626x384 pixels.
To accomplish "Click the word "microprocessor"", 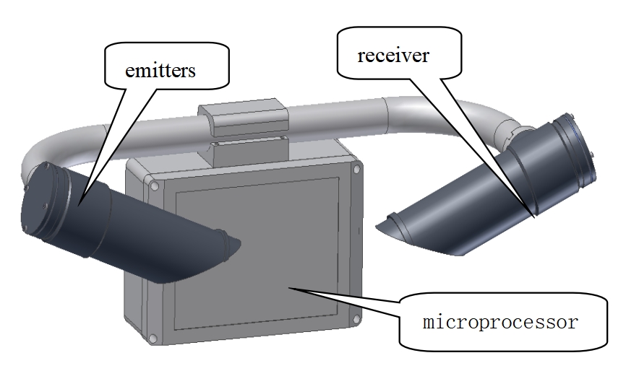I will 499,321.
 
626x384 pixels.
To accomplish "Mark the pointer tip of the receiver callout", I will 534,216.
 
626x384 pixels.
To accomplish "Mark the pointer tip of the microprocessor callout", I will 288,287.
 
